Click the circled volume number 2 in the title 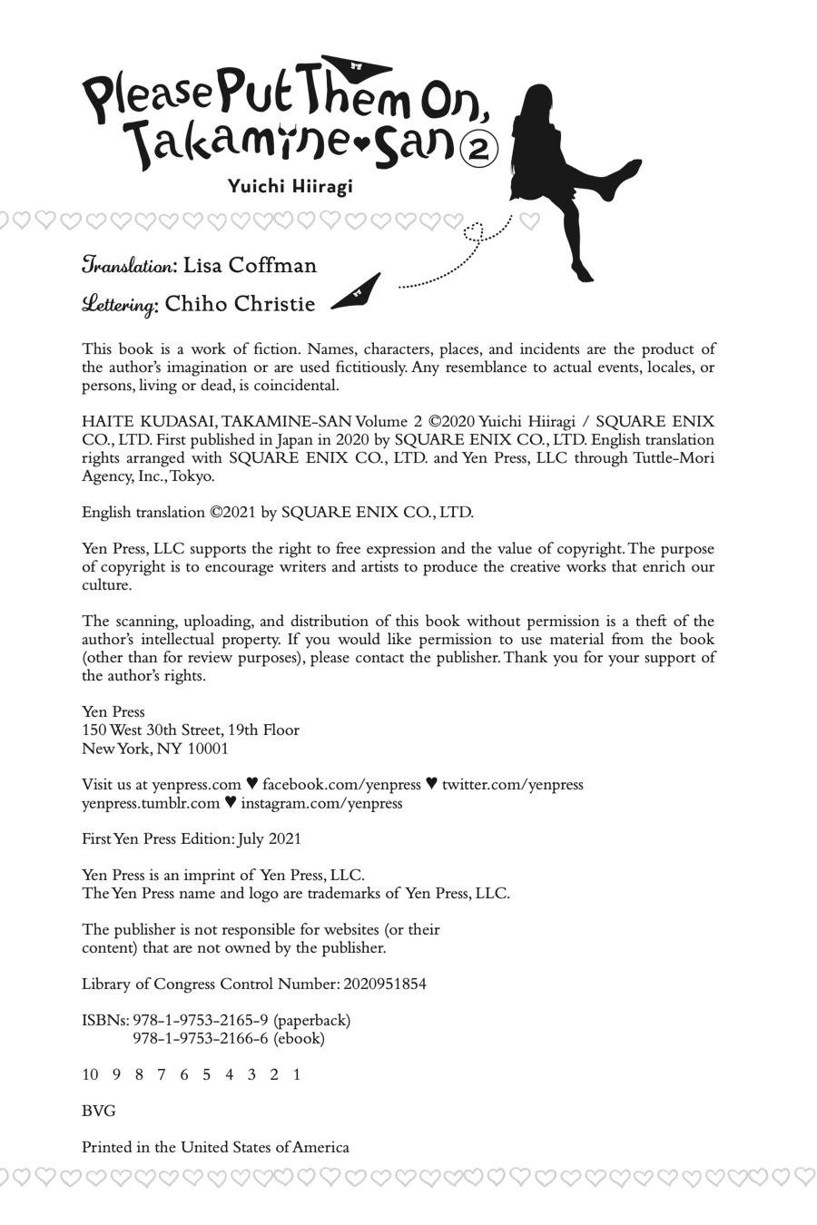pyautogui.click(x=479, y=149)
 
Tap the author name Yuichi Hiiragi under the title pyautogui.click(x=290, y=186)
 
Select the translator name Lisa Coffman pyautogui.click(x=250, y=265)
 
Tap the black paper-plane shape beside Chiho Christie pyautogui.click(x=357, y=292)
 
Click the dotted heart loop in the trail pyautogui.click(x=473, y=231)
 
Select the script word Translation pyautogui.click(x=129, y=265)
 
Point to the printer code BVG pyautogui.click(x=98, y=1111)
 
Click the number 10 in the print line pyautogui.click(x=90, y=1074)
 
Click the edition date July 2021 pyautogui.click(x=270, y=839)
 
